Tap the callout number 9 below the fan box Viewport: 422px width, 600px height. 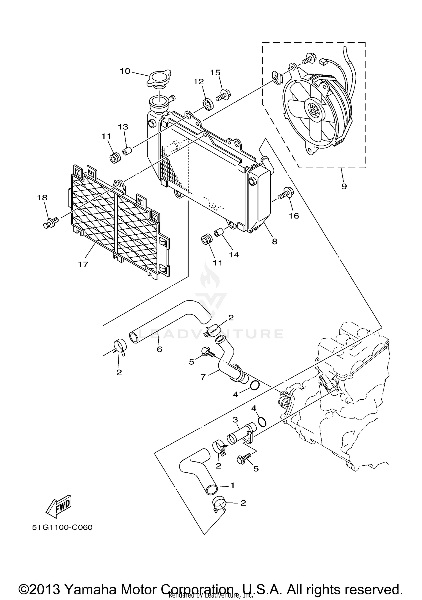344,186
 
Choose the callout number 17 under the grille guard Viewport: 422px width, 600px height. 83,264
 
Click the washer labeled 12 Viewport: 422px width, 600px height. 208,103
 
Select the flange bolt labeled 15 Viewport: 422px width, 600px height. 223,95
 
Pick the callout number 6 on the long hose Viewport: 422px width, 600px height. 160,349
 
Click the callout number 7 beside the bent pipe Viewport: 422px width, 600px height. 203,377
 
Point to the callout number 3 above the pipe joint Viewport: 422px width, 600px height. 235,420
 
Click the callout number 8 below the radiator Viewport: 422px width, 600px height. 274,241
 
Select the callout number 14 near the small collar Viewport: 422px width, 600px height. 234,254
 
